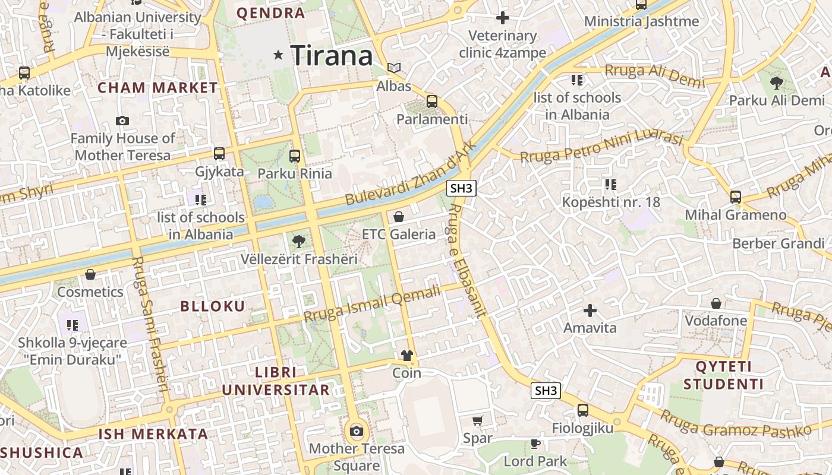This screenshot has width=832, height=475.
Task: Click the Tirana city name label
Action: coord(332,56)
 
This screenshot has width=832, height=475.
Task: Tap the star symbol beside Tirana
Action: coord(278,55)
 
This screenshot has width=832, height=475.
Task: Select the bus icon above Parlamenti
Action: coord(432,102)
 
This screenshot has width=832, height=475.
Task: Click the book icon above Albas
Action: coord(394,68)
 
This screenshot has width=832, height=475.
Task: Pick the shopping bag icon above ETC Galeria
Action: coord(399,217)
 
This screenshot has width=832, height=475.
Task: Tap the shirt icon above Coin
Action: coord(406,356)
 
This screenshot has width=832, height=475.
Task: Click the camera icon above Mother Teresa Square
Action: coord(357,431)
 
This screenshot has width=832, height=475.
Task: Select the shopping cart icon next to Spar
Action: coord(477,421)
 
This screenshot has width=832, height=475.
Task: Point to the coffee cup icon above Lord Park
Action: coord(535,444)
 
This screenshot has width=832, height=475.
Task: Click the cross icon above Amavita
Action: coord(590,311)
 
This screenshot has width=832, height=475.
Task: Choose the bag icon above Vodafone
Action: coord(716,303)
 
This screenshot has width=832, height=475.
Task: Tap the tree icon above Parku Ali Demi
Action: coord(776,83)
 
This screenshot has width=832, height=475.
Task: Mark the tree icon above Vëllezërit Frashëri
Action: coord(299,242)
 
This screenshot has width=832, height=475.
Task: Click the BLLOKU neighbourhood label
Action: coord(213,306)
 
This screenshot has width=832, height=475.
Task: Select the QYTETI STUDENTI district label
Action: coord(723,375)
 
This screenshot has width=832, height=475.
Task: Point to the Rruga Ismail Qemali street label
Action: coord(373,303)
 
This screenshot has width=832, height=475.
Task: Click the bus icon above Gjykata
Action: coord(219,154)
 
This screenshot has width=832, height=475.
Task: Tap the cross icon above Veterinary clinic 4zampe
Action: coord(503,18)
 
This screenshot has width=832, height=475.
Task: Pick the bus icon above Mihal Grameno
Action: coord(736,197)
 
